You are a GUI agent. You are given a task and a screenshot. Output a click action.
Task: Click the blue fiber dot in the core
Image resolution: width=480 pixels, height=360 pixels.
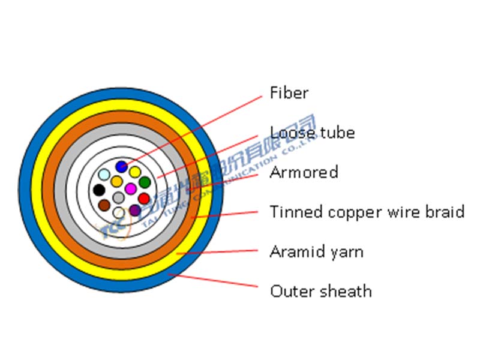[122, 166]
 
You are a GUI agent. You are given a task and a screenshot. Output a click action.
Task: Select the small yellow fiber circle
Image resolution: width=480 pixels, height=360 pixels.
[136, 172]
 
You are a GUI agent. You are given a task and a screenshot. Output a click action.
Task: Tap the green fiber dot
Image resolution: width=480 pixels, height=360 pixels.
[145, 182]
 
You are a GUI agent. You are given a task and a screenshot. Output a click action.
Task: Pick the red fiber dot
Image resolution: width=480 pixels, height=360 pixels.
[144, 198]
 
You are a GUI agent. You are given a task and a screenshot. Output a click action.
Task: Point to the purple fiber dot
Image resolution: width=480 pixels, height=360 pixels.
[135, 210]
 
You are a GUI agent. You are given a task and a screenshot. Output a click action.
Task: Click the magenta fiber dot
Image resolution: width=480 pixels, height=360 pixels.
[130, 188]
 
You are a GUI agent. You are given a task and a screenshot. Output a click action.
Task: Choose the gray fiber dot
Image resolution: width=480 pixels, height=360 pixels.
[119, 197]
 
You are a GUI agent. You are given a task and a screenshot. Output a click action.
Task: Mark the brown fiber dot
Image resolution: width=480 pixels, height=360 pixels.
[104, 205]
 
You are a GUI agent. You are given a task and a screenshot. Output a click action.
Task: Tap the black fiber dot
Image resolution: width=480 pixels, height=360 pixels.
[99, 190]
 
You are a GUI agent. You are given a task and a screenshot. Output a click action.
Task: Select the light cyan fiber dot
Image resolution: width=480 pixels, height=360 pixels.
[104, 175]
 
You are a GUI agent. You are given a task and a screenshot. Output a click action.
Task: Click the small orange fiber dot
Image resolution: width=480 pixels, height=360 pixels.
[117, 181]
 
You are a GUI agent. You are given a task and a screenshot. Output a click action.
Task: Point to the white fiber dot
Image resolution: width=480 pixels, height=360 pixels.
[119, 212]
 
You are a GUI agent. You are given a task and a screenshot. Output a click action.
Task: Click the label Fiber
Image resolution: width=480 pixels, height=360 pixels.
[289, 93]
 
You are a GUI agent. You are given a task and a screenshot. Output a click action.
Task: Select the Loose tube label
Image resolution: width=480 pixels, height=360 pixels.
[312, 133]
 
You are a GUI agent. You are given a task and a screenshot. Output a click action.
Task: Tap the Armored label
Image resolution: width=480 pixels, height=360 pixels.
[304, 173]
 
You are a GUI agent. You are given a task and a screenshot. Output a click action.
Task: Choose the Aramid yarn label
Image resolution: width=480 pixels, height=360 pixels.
[316, 251]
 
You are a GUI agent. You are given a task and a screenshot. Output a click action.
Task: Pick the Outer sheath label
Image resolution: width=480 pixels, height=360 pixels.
[320, 292]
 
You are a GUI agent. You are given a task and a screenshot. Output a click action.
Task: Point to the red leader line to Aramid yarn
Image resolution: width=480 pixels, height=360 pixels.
[222, 253]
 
